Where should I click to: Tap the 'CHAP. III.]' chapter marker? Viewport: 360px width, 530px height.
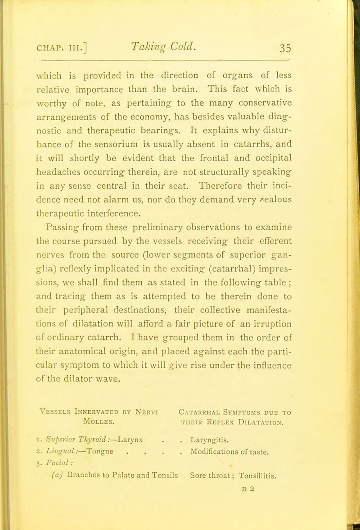[77, 38]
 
